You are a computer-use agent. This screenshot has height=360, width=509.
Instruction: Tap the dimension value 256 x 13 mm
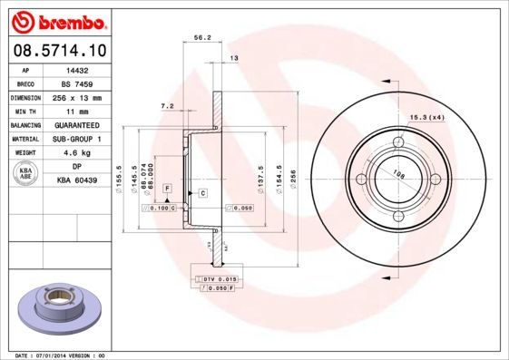(79, 96)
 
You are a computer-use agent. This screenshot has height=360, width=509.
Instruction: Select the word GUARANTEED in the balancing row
(79, 124)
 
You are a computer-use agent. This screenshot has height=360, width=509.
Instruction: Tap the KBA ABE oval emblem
(26, 173)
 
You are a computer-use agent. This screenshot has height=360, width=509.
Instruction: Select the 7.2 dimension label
(167, 106)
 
